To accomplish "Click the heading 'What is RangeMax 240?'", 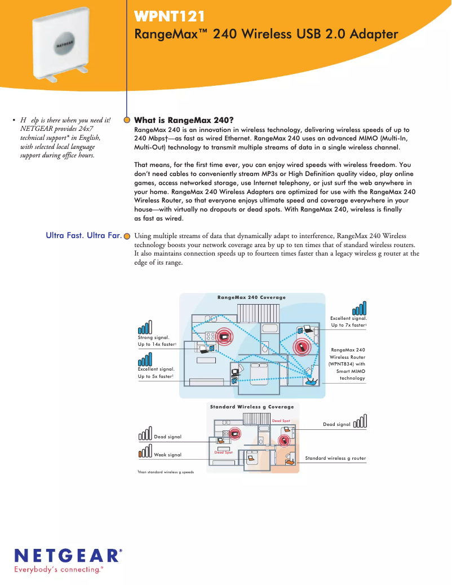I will pos(184,120).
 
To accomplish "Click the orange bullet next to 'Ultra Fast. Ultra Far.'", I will pos(127,236).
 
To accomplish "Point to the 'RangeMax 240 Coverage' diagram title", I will pos(251,297).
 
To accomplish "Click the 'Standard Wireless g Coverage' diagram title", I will pos(251,407).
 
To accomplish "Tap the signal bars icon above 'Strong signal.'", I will pos(145,328).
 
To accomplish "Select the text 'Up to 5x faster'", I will pos(155,376).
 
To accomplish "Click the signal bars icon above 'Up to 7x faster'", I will pos(359,308).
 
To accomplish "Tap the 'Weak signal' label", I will pos(167,454).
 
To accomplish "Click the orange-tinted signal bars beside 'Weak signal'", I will pos(145,453).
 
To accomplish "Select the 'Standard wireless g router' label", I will pos(335,459).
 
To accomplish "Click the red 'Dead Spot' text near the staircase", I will pos(281,421).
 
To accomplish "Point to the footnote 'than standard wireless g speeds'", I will pos(166,472).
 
